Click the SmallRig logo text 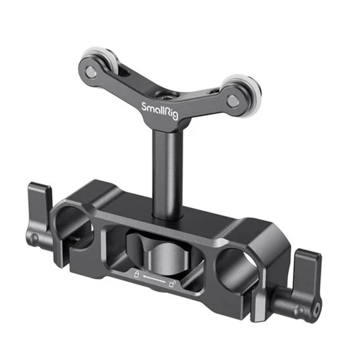point(159,111)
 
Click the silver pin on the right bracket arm point(233,100)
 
